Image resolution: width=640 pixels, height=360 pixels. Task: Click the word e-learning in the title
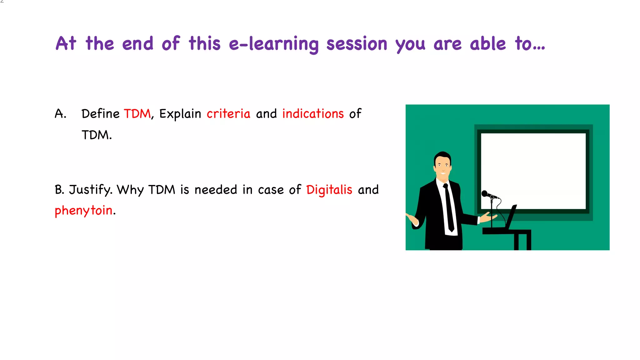click(274, 44)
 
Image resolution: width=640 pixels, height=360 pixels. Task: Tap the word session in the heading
click(357, 44)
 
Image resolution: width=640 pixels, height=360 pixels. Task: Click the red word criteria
click(228, 114)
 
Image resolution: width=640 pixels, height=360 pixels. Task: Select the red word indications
click(313, 114)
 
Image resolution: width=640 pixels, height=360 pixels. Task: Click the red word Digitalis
click(329, 190)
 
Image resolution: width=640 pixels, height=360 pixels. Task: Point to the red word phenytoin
click(83, 211)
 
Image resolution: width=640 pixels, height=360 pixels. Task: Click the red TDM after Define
click(137, 114)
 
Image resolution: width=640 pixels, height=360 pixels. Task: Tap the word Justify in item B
click(90, 190)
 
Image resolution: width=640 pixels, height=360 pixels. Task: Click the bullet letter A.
click(60, 114)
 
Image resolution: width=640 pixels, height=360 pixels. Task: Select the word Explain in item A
click(180, 114)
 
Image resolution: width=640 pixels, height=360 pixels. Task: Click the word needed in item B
click(216, 190)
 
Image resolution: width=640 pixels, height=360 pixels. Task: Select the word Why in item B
click(130, 190)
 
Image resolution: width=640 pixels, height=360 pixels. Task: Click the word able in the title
click(487, 44)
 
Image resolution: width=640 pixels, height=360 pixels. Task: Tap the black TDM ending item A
click(96, 135)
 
